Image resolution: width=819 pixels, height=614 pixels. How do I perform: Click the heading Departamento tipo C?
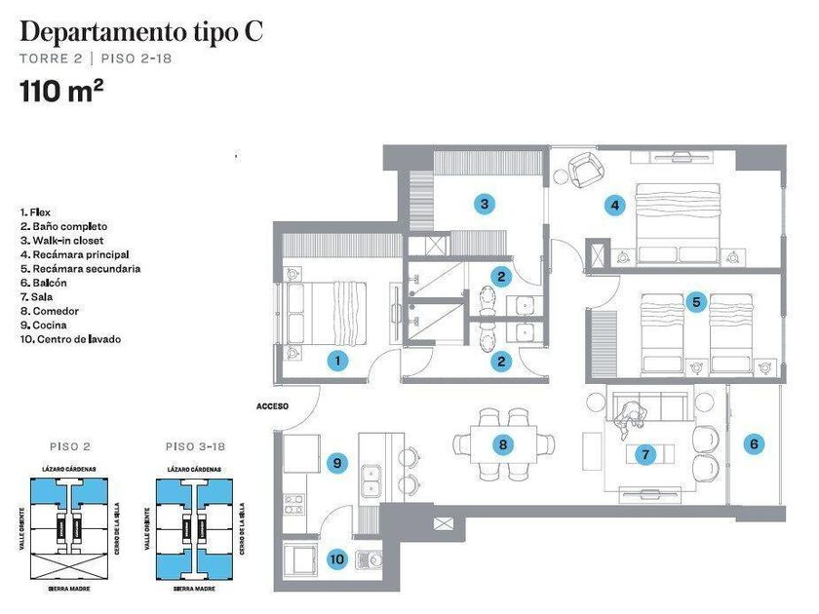point(141,31)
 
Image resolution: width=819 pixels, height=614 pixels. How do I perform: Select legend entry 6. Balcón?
point(48,283)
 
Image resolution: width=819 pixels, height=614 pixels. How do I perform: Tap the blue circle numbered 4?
point(614,206)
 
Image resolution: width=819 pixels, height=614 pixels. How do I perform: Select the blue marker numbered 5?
point(695,302)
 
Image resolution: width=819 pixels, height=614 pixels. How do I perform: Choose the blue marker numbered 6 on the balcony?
point(754,444)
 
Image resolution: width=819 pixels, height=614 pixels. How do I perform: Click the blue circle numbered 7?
point(643,453)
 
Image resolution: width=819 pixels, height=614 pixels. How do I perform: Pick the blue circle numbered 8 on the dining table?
point(503,445)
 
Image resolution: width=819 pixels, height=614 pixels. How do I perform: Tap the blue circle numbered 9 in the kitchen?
point(336,463)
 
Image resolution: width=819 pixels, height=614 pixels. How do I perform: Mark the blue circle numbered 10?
point(336,559)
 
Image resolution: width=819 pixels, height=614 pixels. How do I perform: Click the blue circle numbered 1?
point(336,361)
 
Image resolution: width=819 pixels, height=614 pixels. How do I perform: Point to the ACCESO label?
point(273,405)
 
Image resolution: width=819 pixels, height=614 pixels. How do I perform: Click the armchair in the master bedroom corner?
point(588,172)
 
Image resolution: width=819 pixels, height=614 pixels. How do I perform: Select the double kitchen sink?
point(371,479)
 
